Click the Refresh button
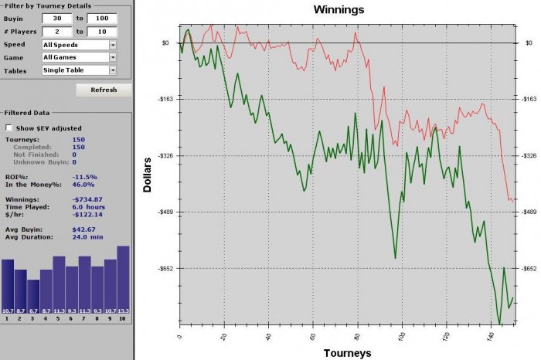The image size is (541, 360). [104, 90]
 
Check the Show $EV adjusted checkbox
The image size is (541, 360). [9, 127]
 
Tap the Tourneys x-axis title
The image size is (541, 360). [347, 353]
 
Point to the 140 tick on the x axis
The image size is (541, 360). [492, 338]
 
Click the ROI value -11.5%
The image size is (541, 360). [84, 177]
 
